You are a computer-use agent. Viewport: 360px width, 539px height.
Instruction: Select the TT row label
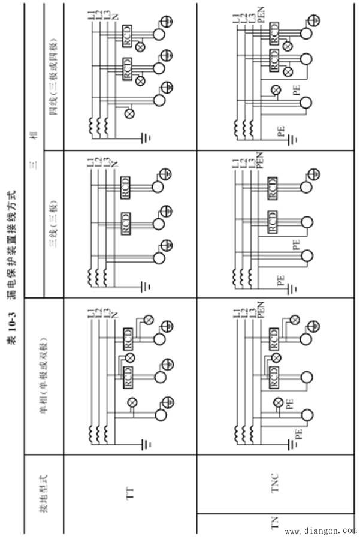click(x=129, y=494)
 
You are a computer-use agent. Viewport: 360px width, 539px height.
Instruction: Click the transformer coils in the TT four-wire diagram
click(x=98, y=125)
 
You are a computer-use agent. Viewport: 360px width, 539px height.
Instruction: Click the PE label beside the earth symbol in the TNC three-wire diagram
click(x=279, y=279)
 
